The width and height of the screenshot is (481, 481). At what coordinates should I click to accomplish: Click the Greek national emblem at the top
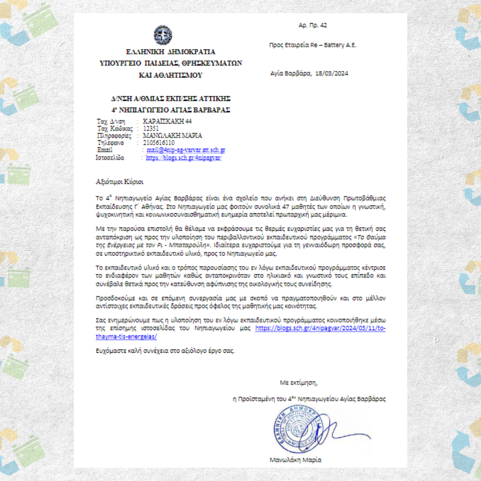(x=163, y=35)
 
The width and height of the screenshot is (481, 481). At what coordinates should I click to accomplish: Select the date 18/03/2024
(x=331, y=73)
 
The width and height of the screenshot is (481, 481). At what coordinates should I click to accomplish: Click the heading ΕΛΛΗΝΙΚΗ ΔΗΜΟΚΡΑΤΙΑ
(x=171, y=52)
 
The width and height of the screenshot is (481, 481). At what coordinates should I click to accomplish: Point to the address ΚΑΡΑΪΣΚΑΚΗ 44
(x=167, y=122)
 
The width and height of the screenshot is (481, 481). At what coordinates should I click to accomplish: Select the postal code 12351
(x=151, y=129)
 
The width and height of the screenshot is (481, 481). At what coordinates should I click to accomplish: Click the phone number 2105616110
(x=159, y=143)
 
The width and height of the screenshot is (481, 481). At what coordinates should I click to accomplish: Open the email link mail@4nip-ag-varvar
(x=186, y=151)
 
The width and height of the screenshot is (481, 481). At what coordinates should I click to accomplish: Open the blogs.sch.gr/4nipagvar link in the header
(x=183, y=158)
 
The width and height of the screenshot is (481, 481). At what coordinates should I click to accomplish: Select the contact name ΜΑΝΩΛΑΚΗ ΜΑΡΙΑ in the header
(x=173, y=136)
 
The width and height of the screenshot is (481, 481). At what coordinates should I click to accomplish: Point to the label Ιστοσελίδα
(x=110, y=158)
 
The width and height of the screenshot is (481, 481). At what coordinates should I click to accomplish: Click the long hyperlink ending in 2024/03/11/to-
(x=321, y=328)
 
